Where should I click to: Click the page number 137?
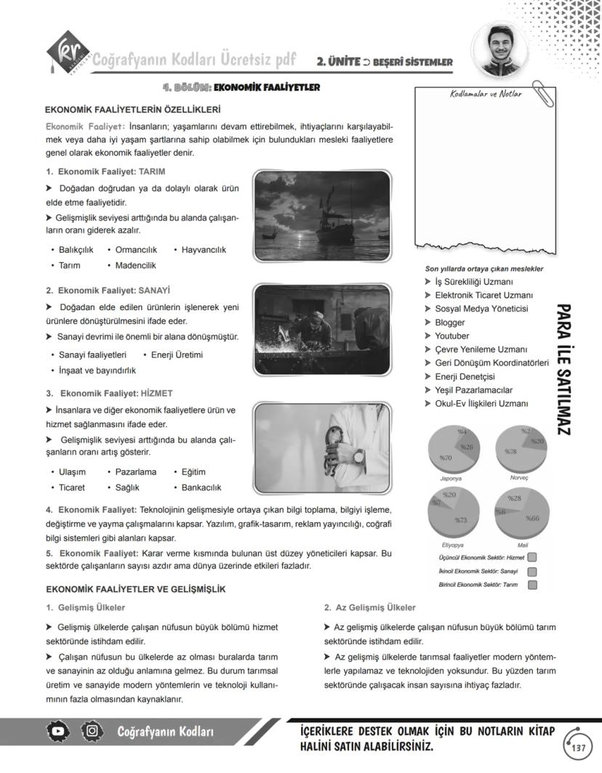[x=579, y=748]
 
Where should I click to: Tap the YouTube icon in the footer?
[x=60, y=731]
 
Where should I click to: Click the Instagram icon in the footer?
[x=91, y=731]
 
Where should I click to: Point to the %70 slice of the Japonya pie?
[x=446, y=458]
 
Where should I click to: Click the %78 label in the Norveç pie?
[x=510, y=452]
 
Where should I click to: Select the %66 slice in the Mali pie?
[x=531, y=518]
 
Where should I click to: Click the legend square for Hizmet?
[x=532, y=557]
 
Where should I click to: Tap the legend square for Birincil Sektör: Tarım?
[x=532, y=585]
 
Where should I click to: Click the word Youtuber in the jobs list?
[x=451, y=336]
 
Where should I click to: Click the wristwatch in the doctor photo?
[x=358, y=456]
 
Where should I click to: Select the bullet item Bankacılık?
[x=201, y=487]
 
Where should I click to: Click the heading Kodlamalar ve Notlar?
[x=486, y=94]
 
